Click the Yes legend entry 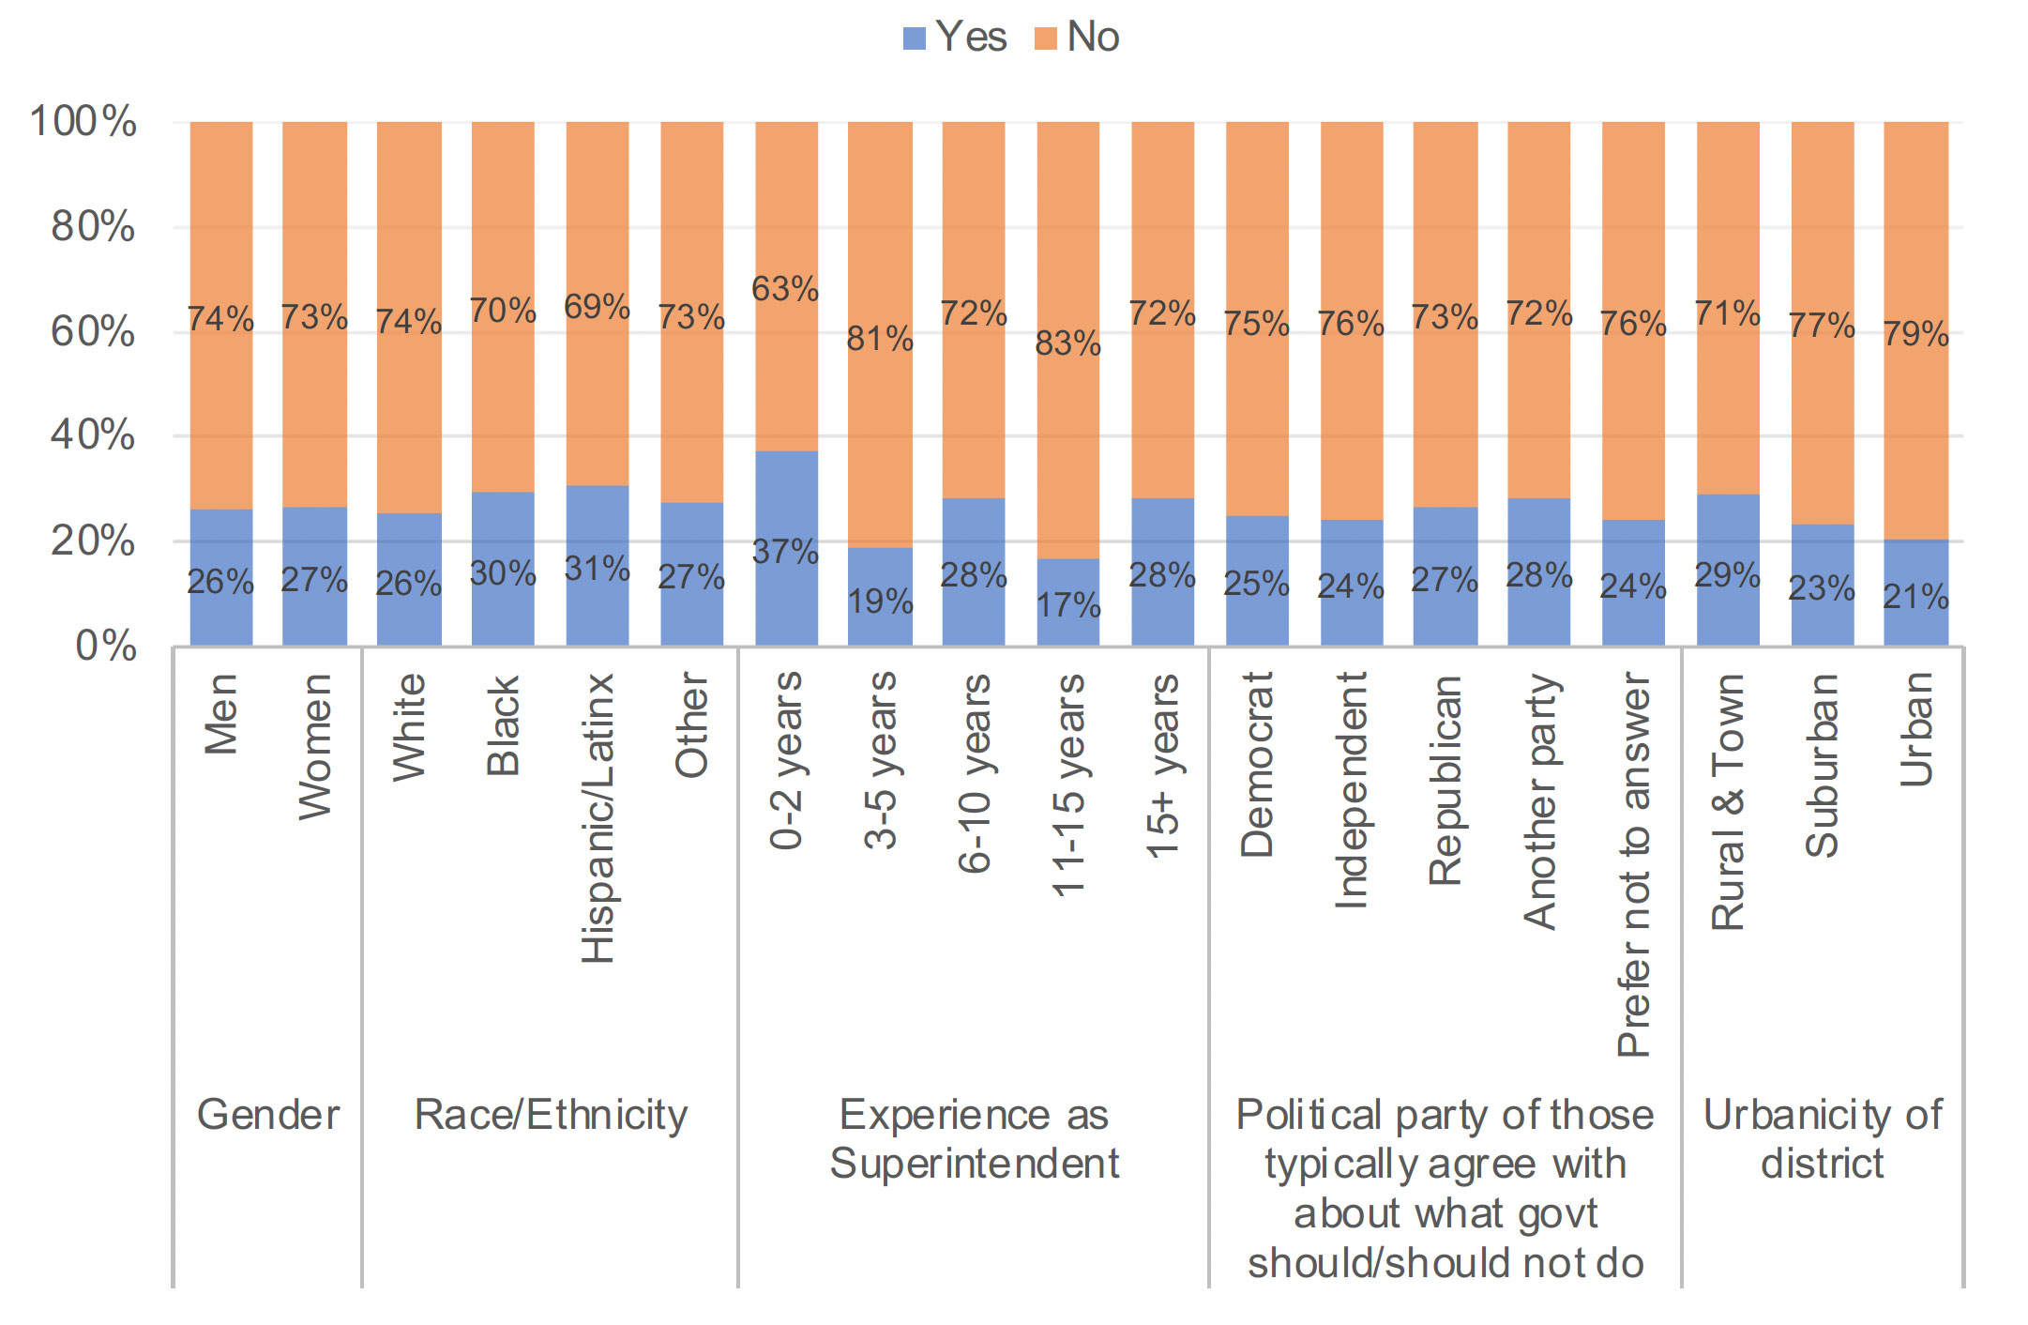(955, 38)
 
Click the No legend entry (1078, 38)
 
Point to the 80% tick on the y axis (93, 227)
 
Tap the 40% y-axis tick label (93, 435)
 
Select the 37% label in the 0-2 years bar (785, 552)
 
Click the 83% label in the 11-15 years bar (1067, 343)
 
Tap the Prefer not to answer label (1633, 864)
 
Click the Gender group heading (268, 1115)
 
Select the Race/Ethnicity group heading (551, 1115)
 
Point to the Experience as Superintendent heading (974, 1139)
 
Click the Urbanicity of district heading (1823, 1139)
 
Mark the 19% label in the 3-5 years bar (880, 602)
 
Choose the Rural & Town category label (1728, 802)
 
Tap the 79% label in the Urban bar (1915, 334)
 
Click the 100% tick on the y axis (83, 122)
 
